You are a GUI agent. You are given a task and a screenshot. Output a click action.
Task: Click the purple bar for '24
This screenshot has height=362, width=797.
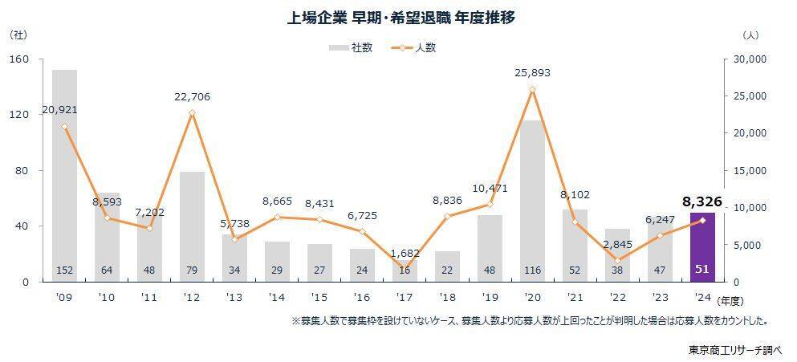click(702, 241)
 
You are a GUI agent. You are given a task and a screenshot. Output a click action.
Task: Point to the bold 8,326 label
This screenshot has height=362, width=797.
click(703, 201)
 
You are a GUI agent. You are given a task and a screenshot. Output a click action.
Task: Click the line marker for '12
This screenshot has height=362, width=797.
click(192, 113)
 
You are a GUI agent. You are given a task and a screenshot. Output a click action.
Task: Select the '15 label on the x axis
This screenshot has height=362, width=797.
click(319, 296)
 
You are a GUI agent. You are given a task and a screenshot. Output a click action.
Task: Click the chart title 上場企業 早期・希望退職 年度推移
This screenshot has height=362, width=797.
click(400, 18)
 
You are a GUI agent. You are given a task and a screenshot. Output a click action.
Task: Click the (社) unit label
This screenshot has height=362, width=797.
click(18, 35)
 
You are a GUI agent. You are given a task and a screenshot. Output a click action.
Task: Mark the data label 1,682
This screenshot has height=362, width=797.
click(405, 254)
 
